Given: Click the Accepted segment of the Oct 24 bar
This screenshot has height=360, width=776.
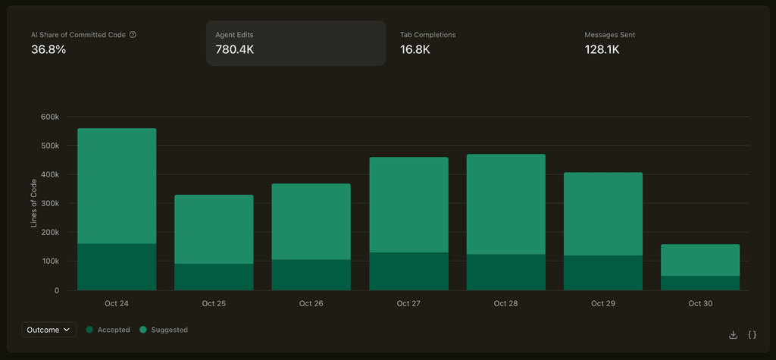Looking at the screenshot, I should tap(117, 267).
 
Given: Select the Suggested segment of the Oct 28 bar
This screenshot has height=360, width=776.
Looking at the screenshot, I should tap(505, 204).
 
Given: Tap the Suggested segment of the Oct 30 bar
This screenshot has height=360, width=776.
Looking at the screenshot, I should tap(700, 260).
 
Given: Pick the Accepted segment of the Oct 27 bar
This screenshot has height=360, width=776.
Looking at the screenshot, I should tap(408, 271).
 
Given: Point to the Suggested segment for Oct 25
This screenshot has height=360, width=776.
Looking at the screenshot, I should tap(214, 229).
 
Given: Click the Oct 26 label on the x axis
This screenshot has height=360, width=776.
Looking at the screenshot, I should tap(311, 303).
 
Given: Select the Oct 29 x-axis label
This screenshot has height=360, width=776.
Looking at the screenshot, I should tap(602, 303).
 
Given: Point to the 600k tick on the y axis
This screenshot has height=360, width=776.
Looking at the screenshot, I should tap(49, 117).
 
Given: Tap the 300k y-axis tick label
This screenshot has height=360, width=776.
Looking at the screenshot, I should tap(49, 204).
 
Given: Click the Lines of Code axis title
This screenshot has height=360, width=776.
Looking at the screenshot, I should tap(34, 204).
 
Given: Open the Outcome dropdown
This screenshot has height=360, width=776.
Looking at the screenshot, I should tap(48, 330).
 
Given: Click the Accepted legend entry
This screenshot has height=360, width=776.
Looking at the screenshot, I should tap(108, 330).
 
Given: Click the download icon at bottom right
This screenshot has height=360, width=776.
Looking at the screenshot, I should tap(733, 334).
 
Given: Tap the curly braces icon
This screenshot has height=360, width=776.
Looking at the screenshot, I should tap(752, 334).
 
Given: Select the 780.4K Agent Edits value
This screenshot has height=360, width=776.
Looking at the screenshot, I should tap(234, 49).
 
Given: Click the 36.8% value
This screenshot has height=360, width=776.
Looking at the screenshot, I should tap(48, 49).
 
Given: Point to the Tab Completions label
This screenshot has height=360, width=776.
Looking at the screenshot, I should tap(427, 35).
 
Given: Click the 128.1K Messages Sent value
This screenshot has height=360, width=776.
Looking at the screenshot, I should tap(602, 49).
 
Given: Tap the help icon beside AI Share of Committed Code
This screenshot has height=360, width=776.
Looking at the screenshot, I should tap(133, 35).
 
